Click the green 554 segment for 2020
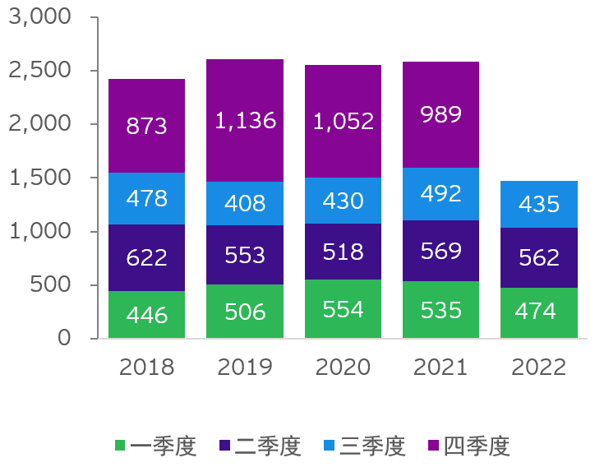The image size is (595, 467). click(x=343, y=309)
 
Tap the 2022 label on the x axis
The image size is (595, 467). click(x=539, y=367)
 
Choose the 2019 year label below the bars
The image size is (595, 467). click(x=245, y=367)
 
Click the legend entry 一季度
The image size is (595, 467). click(x=156, y=446)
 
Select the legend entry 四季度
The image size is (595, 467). click(x=469, y=446)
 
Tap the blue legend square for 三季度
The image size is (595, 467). click(x=329, y=446)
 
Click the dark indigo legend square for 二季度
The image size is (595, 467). click(x=224, y=446)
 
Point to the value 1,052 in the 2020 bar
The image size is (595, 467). click(x=343, y=122)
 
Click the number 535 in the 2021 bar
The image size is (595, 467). click(x=440, y=311)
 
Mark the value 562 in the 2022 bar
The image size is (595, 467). click(x=539, y=258)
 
